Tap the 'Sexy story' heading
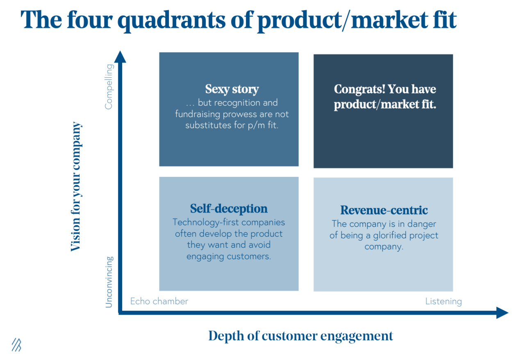[232, 89]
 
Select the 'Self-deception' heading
[229, 208]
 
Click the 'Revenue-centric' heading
[384, 210]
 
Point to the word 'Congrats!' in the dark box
[359, 89]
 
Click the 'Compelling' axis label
[109, 86]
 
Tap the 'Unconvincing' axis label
[109, 282]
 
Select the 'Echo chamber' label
[159, 301]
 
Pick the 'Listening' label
[443, 301]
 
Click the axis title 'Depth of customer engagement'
[300, 336]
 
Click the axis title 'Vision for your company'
[76, 186]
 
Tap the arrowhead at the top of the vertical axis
[120, 57]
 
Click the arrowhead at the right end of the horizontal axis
[502, 312]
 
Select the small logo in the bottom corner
[16, 345]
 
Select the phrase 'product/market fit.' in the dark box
[385, 104]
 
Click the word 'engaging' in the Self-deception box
[205, 257]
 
